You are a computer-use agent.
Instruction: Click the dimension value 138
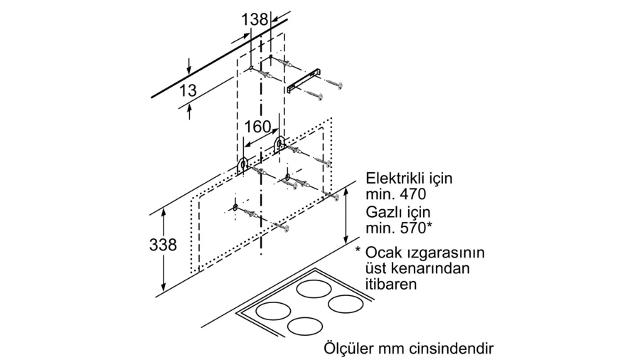click(255, 20)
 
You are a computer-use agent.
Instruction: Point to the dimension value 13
click(188, 91)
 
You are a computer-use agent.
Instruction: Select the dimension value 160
click(257, 127)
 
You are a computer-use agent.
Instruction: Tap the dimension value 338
click(163, 244)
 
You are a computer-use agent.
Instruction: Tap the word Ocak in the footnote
click(384, 253)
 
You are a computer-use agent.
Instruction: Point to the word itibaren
click(390, 283)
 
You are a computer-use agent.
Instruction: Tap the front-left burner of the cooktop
click(272, 312)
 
